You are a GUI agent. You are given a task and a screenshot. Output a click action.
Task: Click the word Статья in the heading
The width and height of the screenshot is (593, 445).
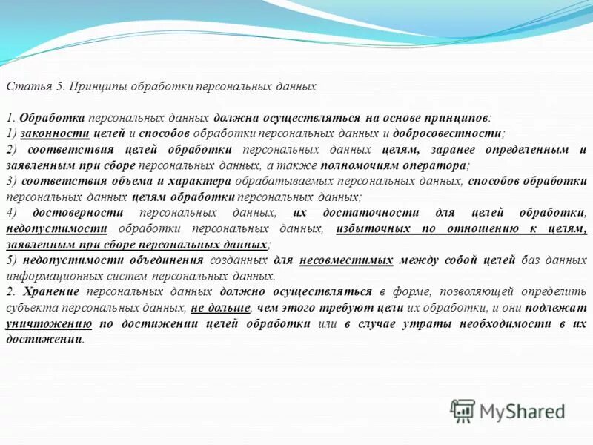point(25,86)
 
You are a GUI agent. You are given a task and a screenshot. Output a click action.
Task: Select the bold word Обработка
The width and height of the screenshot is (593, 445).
point(52,119)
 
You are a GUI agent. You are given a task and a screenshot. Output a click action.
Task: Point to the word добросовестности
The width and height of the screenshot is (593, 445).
point(449,134)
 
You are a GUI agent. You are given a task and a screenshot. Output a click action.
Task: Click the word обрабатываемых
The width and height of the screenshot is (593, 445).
point(285,181)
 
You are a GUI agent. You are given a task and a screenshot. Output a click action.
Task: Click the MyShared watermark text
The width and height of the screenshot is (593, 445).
point(523,410)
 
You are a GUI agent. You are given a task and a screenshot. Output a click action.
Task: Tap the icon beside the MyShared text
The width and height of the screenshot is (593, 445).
point(463,409)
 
